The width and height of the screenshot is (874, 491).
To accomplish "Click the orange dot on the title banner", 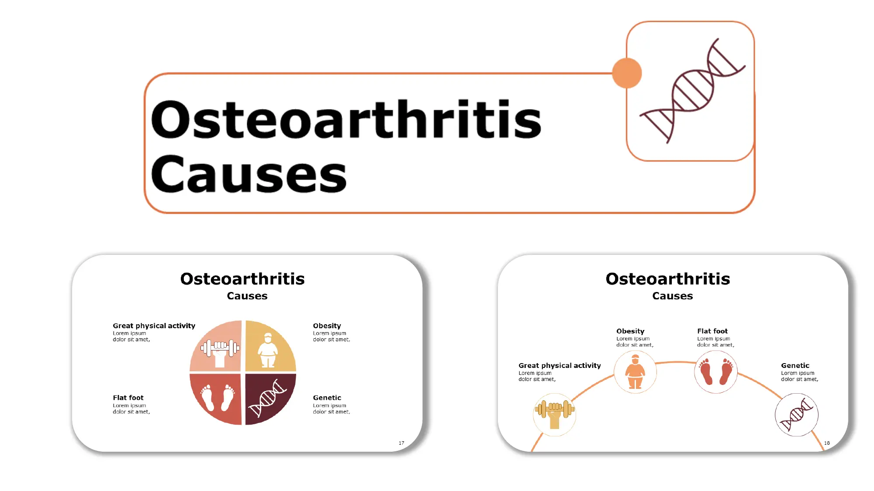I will pos(627,73).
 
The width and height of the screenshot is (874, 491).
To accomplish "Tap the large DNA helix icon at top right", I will pos(692,91).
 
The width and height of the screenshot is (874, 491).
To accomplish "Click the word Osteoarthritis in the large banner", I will pos(346,120).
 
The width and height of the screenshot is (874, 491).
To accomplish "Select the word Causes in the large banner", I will pos(249,174).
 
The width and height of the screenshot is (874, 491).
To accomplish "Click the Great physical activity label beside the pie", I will pos(154,326).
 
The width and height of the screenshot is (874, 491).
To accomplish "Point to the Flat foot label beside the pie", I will pos(128,398).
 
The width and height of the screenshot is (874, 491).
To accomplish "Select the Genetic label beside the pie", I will pos(327,398).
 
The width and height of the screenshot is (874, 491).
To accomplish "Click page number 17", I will pos(401,443).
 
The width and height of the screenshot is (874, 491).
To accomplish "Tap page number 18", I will pos(827,443).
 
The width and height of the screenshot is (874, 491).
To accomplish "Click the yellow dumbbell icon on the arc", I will pos(554,415).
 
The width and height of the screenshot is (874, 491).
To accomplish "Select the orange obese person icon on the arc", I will pos(635,372).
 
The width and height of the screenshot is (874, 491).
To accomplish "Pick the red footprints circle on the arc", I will pos(716,372).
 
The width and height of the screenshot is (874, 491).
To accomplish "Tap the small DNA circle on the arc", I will pos(796,415).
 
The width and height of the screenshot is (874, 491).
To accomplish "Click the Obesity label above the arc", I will pos(630,331).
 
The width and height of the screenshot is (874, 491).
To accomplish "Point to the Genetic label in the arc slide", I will pos(795,366).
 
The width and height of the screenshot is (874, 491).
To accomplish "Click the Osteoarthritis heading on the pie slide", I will pos(242,279).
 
